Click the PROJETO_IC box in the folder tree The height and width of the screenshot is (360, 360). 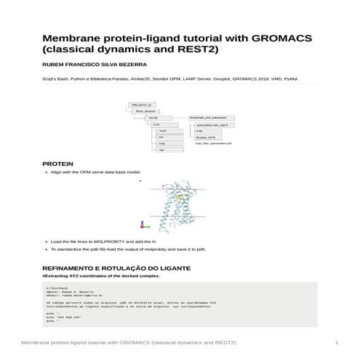coord(143,105)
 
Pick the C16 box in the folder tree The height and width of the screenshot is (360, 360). coord(156,124)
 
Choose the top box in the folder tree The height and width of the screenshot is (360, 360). coord(162,150)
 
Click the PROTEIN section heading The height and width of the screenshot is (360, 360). coord(57,164)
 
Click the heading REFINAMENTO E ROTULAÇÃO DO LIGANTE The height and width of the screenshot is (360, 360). coord(116,268)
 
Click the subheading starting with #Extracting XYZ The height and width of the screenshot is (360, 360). coord(101,276)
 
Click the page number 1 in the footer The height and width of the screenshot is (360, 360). coord(337,342)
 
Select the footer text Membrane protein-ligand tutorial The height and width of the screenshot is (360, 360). coord(87,342)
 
